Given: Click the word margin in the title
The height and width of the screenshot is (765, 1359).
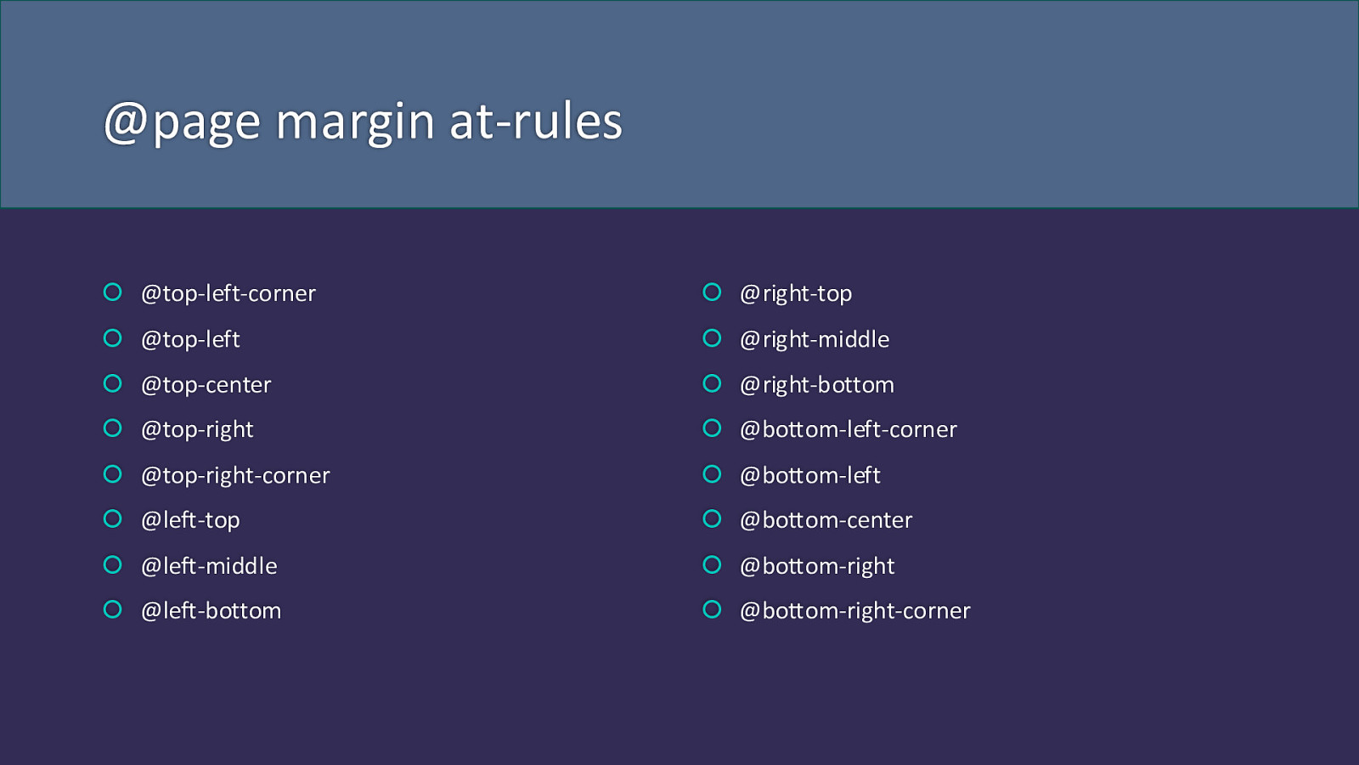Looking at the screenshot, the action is tap(355, 124).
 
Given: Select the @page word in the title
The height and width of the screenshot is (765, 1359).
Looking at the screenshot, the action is tap(183, 124).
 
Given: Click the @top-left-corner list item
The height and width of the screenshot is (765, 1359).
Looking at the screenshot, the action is tap(228, 294).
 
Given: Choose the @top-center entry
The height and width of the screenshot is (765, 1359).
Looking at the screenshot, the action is tap(206, 385).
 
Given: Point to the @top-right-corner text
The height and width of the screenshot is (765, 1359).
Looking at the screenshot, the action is tap(235, 476).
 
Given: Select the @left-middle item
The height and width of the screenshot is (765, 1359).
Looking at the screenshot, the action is tap(209, 566).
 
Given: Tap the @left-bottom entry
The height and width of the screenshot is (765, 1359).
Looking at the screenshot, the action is tap(211, 611).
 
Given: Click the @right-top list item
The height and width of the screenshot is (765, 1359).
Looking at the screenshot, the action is tap(796, 294).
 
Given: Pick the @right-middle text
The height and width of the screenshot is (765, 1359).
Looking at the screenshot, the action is tap(815, 340).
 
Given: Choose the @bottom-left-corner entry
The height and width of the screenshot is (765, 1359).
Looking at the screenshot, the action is tap(849, 430).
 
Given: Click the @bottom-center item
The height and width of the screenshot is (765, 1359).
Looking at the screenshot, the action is tap(826, 520).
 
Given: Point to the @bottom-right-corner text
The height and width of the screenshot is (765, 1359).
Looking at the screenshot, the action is tap(854, 611).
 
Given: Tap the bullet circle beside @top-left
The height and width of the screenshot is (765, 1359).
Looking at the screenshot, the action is tap(113, 330).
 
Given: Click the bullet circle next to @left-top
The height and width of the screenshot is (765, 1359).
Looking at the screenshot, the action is tap(113, 511).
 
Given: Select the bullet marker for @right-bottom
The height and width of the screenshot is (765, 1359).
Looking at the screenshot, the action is tap(712, 375).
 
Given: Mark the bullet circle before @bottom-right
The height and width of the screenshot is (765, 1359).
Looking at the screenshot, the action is tap(712, 557).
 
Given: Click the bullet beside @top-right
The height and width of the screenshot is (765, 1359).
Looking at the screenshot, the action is tap(113, 420).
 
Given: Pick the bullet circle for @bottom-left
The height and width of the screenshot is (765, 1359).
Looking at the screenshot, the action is tap(712, 466).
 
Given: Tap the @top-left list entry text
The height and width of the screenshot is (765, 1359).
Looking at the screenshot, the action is tap(190, 340).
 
